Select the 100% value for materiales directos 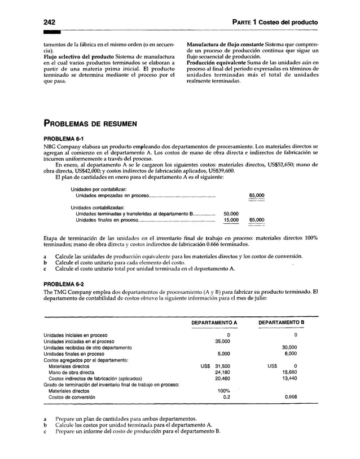click(223, 391)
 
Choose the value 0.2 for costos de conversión click(226, 398)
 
